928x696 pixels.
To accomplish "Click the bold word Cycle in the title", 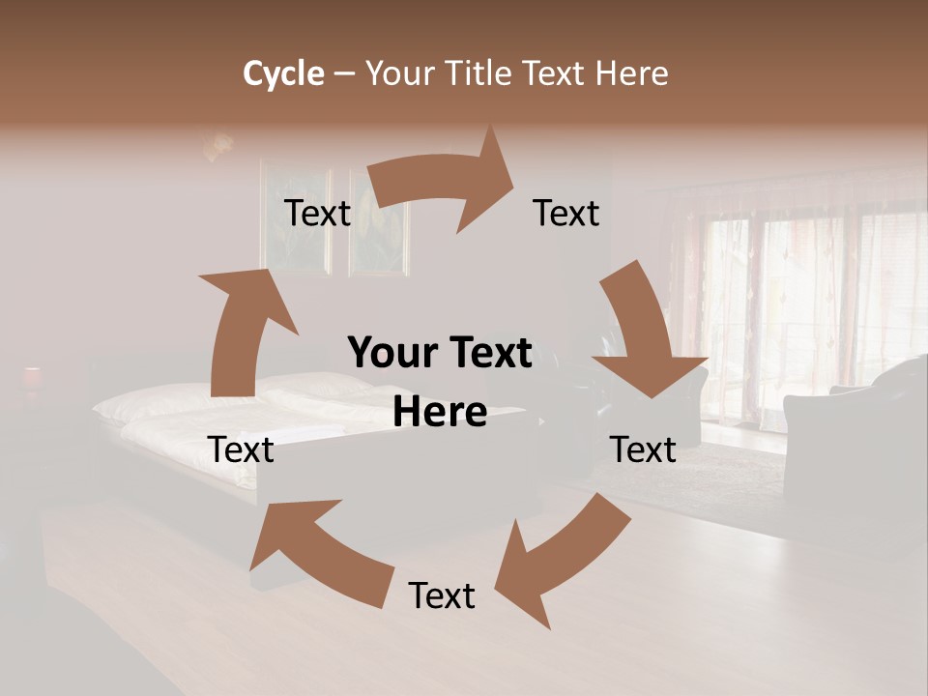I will click(283, 73).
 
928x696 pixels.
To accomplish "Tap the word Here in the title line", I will click(632, 73).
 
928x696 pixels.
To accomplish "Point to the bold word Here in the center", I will click(440, 413).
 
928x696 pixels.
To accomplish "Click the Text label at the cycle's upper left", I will click(317, 214).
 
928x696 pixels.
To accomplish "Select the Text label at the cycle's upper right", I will click(566, 214).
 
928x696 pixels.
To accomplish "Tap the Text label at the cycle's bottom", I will click(442, 596).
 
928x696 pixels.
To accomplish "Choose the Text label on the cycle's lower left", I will click(242, 449).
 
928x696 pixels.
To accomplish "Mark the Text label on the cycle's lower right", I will click(643, 449).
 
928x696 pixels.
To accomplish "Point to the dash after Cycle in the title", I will click(345, 73).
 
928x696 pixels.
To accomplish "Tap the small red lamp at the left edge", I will click(32, 377).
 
